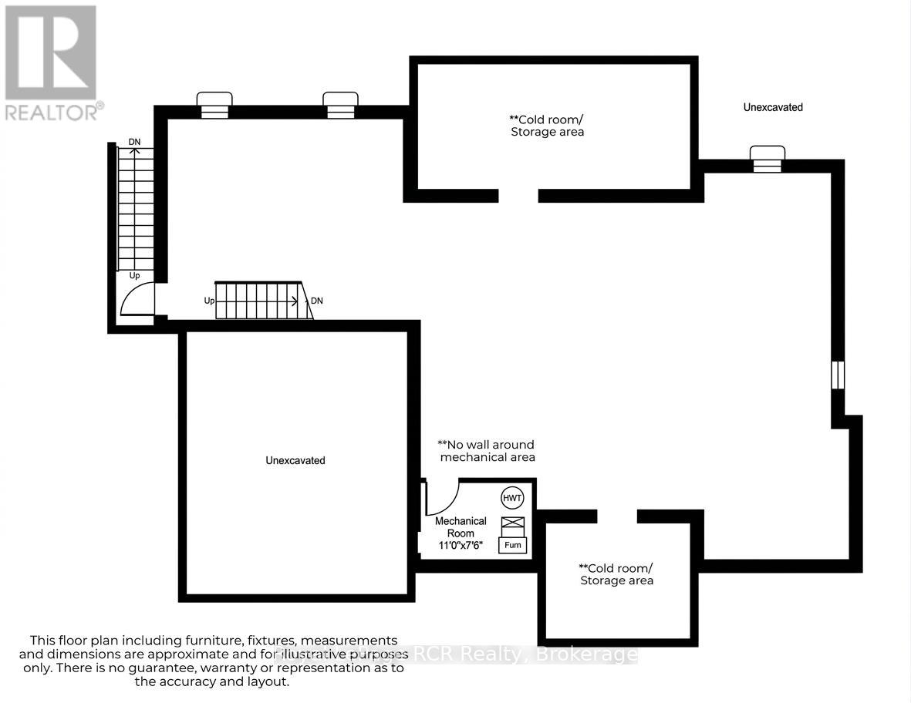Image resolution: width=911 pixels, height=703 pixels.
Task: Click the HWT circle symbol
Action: click(x=512, y=498)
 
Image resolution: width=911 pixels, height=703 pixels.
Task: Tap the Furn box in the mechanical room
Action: click(x=513, y=545)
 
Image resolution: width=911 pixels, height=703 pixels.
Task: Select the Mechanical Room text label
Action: click(x=461, y=527)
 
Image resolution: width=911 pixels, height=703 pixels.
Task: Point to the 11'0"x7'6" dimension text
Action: click(x=461, y=545)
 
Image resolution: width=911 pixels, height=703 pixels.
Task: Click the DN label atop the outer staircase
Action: click(x=134, y=142)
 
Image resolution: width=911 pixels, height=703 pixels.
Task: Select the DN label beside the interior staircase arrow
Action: click(x=317, y=301)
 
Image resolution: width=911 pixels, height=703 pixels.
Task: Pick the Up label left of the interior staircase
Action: click(x=209, y=301)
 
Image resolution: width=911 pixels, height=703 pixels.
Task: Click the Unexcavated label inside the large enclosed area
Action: click(x=295, y=460)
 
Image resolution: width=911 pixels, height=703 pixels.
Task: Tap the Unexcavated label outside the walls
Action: click(x=773, y=107)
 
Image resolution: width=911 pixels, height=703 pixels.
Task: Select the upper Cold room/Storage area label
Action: click(x=547, y=126)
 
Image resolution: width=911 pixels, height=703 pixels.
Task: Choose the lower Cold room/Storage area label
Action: click(x=616, y=574)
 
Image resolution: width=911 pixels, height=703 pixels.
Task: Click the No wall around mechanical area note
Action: click(x=487, y=451)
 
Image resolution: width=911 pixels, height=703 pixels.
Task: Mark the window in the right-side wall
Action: click(x=838, y=375)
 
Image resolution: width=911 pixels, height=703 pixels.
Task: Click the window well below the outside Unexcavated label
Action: click(x=768, y=158)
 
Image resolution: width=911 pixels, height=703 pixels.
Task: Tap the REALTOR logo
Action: click(x=52, y=62)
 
